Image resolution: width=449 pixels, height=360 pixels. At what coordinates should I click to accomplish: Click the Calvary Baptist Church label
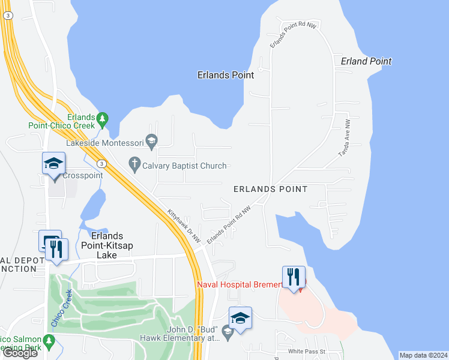(x=184, y=166)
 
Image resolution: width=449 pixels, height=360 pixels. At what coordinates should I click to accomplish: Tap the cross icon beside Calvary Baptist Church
(x=135, y=163)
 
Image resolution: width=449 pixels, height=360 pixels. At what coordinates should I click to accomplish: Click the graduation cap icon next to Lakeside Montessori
(x=151, y=140)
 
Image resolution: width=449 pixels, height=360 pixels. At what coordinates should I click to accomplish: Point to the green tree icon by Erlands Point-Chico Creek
(x=103, y=118)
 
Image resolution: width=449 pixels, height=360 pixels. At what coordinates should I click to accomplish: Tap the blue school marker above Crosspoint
(x=53, y=164)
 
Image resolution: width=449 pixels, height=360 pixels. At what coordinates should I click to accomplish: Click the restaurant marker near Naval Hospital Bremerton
(x=294, y=278)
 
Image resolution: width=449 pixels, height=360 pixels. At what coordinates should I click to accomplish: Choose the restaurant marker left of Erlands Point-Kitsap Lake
(x=56, y=250)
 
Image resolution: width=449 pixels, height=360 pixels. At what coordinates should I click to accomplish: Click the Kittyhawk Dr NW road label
(x=184, y=226)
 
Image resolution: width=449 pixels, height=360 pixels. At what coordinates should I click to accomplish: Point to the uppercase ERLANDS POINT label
(x=270, y=189)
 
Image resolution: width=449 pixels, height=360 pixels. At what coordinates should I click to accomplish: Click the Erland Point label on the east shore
(x=366, y=61)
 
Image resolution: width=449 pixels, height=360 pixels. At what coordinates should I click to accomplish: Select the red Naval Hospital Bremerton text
(x=240, y=284)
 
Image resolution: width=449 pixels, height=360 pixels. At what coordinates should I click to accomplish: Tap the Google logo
(x=20, y=353)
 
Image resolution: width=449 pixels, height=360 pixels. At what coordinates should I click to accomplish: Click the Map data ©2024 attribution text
(x=423, y=355)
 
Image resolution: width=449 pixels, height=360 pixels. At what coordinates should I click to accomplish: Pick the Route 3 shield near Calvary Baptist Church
(x=102, y=164)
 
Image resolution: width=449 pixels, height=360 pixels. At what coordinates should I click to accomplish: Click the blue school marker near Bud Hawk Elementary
(x=240, y=319)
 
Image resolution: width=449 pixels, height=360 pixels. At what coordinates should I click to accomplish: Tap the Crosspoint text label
(x=82, y=176)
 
